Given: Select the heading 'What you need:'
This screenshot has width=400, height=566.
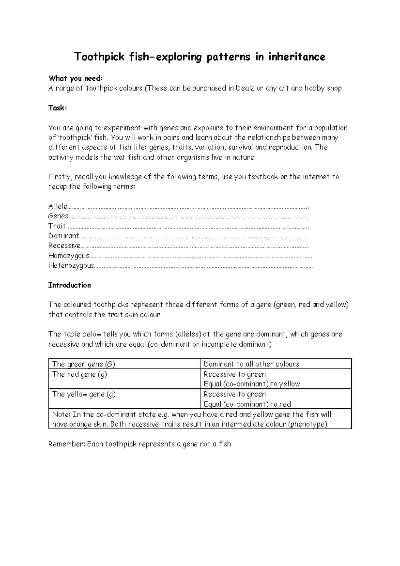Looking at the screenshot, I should [76, 78].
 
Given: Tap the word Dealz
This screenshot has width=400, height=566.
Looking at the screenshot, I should [245, 88].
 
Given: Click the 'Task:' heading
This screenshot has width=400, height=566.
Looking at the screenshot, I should [58, 108].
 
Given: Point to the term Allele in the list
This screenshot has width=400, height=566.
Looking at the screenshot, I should [58, 206].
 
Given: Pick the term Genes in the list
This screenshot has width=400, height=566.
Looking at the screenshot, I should [58, 216].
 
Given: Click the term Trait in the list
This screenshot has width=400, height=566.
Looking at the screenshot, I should [57, 226].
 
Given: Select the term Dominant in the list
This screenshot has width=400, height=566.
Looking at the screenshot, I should [64, 236].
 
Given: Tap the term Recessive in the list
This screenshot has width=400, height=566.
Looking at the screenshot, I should [64, 246].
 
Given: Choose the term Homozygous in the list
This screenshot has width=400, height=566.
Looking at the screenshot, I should [69, 256].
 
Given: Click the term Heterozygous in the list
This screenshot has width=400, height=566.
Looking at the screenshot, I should [71, 266].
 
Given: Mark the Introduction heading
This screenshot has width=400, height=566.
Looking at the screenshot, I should [69, 285].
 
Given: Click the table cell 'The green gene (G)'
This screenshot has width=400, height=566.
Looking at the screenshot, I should [84, 364].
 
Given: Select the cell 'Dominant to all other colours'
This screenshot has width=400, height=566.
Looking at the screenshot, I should [251, 364].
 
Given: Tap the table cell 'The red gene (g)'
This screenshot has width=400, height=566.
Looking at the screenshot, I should [80, 374].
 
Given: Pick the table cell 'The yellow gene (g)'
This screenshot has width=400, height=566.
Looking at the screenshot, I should [84, 394].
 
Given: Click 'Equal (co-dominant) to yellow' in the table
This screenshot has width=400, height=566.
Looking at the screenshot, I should [252, 384].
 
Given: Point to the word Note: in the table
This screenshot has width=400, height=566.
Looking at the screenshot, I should [61, 414].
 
